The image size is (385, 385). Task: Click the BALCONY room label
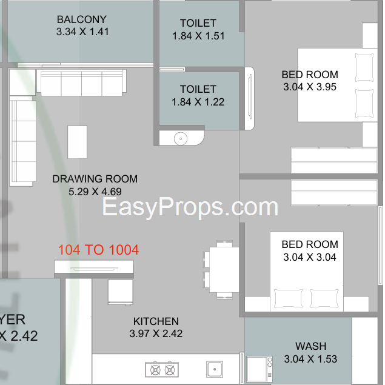pyautogui.click(x=82, y=19)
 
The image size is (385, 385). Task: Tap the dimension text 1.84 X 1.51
pyautogui.click(x=198, y=36)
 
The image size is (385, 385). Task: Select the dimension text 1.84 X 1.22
pyautogui.click(x=198, y=102)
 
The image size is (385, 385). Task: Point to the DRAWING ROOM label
pyautogui.click(x=95, y=179)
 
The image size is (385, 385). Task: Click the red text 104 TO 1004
pyautogui.click(x=98, y=250)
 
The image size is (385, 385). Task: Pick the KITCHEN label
pyautogui.click(x=156, y=321)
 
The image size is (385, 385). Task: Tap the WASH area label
pyautogui.click(x=311, y=346)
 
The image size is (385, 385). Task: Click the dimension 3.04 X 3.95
pyautogui.click(x=310, y=87)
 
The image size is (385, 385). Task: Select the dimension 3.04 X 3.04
pyautogui.click(x=310, y=257)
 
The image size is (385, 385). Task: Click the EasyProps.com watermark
pyautogui.click(x=190, y=207)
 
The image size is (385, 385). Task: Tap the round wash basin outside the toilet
pyautogui.click(x=181, y=139)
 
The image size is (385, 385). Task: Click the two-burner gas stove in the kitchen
pyautogui.click(x=162, y=369)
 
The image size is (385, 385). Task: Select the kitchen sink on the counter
pyautogui.click(x=215, y=369)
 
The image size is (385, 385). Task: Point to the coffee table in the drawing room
pyautogui.click(x=78, y=142)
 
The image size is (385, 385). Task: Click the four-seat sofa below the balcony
pyautogui.click(x=81, y=82)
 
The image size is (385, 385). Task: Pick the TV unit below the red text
pyautogui.click(x=94, y=267)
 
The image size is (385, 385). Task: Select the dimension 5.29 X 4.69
pyautogui.click(x=95, y=192)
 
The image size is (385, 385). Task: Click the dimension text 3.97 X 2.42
pyautogui.click(x=156, y=333)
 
